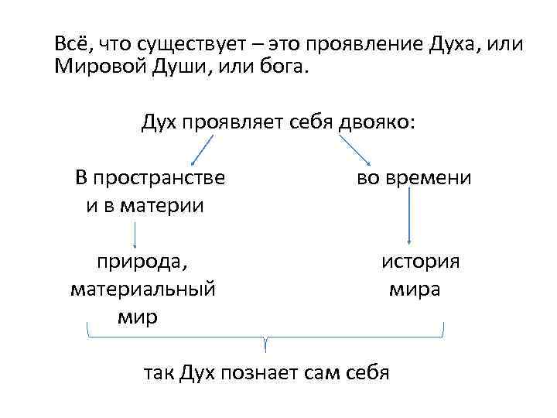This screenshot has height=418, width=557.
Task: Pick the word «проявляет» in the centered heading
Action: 224,122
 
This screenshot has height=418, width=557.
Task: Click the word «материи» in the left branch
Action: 165,206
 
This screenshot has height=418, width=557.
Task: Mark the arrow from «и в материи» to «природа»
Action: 135,235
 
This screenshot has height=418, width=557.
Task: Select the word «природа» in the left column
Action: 140,262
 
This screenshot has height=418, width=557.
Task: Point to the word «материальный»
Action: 142,290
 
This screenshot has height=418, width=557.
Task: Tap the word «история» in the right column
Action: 420,262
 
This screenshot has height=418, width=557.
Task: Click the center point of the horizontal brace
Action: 266,339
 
